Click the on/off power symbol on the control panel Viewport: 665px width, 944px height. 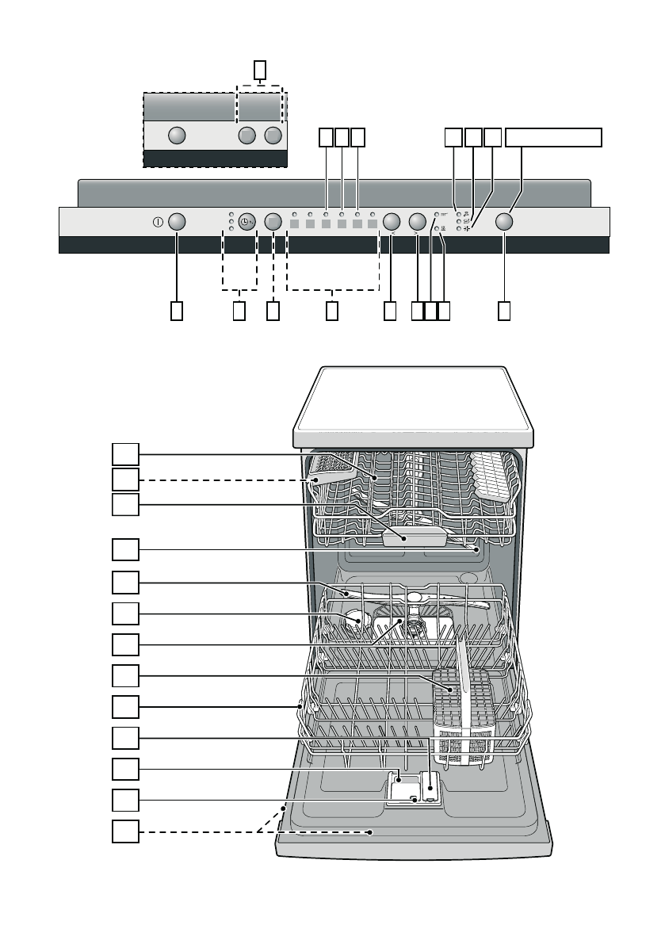pos(159,223)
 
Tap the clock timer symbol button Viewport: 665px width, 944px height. pos(247,223)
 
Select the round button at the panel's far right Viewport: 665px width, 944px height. pos(505,222)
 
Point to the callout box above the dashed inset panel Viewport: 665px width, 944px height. pos(260,71)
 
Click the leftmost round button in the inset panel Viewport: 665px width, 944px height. pos(177,136)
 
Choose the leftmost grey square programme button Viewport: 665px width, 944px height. pos(294,225)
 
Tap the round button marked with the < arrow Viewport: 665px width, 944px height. pos(392,222)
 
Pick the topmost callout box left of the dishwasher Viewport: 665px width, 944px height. pos(125,454)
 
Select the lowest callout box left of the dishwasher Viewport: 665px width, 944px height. pos(125,832)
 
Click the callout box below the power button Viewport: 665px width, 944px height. pos(177,311)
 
